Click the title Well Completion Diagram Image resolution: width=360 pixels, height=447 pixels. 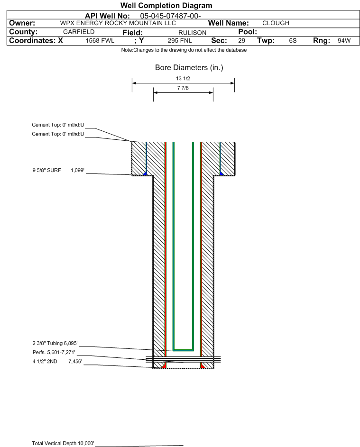pyautogui.click(x=166, y=5)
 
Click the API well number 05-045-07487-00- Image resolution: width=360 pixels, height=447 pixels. pyautogui.click(x=170, y=16)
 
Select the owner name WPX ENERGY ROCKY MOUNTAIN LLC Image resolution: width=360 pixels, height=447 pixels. pyautogui.click(x=118, y=23)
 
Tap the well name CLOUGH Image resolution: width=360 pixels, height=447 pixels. pyautogui.click(x=276, y=23)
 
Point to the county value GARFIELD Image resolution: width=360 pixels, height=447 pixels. pyautogui.click(x=79, y=32)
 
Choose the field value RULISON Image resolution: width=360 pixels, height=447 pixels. pyautogui.click(x=192, y=33)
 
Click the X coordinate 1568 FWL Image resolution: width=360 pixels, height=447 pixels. pyautogui.click(x=100, y=41)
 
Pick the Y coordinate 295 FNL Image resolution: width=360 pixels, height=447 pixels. pyautogui.click(x=180, y=41)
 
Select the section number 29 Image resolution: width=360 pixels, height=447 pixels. pyautogui.click(x=241, y=41)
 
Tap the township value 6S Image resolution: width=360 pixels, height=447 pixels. pyautogui.click(x=293, y=41)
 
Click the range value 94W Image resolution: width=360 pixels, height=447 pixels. pyautogui.click(x=344, y=41)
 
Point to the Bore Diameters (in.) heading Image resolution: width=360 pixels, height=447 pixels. pyautogui.click(x=189, y=68)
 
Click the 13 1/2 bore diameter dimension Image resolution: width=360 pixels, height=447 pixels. pyautogui.click(x=183, y=78)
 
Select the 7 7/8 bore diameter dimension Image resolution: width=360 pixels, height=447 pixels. pyautogui.click(x=183, y=88)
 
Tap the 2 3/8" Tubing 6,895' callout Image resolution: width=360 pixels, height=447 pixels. pyautogui.click(x=55, y=343)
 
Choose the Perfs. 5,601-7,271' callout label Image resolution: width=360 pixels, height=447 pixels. pyautogui.click(x=54, y=352)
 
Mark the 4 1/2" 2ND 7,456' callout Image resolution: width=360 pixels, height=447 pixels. pyautogui.click(x=57, y=362)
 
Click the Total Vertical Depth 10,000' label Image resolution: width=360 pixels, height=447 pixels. pyautogui.click(x=63, y=443)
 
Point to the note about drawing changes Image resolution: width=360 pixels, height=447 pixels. pyautogui.click(x=184, y=50)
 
